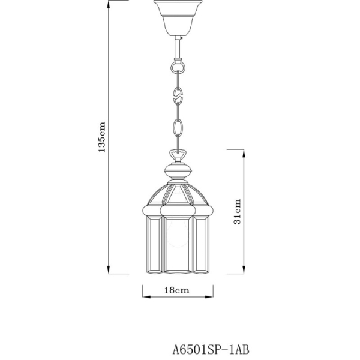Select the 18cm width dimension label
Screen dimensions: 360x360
pos(178,289)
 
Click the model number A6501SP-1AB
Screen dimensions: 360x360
pos(206,347)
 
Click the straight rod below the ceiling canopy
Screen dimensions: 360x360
pos(178,46)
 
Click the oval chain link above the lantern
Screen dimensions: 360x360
pos(178,127)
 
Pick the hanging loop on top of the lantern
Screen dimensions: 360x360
pos(178,155)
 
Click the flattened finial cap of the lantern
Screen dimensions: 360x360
pos(178,171)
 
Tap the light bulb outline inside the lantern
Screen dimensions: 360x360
pos(178,230)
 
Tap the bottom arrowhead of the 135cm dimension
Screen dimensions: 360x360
pos(109,271)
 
